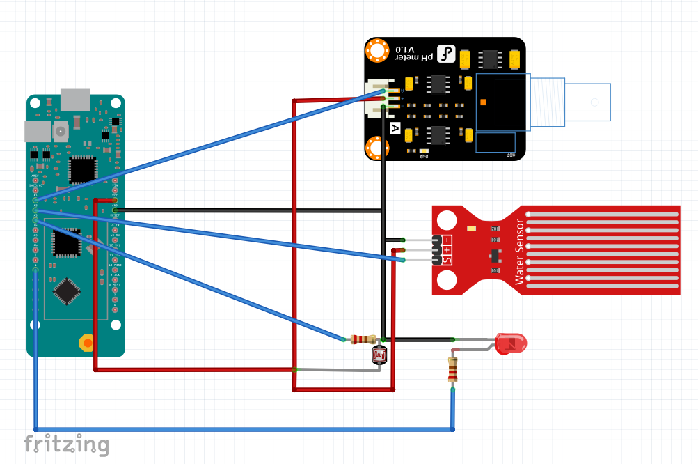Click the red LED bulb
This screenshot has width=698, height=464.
511,343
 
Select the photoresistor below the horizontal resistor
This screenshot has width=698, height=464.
379,355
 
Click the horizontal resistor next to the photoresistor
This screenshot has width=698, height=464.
363,339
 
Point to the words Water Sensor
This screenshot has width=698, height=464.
519,252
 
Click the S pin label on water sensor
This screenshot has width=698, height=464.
447,260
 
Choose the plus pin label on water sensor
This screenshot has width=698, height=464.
447,250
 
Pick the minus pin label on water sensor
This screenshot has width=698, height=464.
447,240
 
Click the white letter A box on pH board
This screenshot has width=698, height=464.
395,128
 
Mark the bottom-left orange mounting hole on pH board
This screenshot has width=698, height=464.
377,148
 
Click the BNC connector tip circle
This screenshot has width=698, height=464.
595,102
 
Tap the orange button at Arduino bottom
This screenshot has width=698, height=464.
87,343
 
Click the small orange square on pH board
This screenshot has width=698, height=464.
483,102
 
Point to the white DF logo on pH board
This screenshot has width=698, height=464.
446,54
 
